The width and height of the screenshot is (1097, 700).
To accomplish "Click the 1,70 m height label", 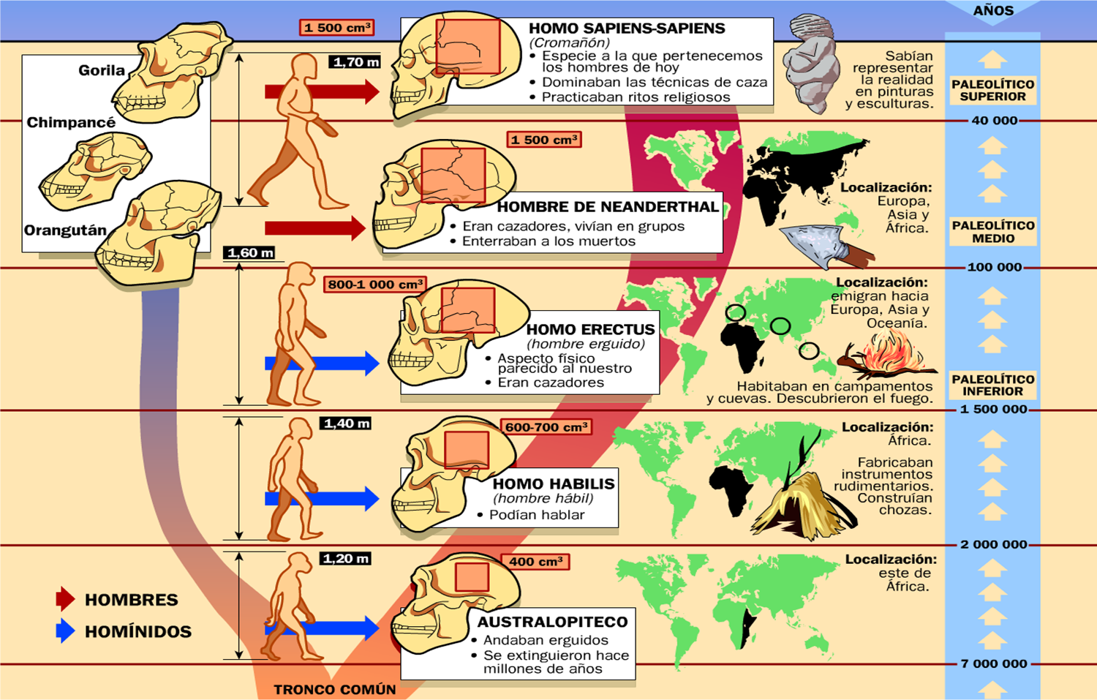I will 355,62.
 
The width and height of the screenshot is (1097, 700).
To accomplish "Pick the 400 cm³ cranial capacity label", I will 536,562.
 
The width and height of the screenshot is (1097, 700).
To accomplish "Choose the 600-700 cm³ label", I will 546,427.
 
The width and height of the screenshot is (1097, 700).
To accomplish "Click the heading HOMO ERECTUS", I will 590,329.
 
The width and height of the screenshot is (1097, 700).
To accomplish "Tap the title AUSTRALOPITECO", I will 552,622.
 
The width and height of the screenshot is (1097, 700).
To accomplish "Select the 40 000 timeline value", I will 994,121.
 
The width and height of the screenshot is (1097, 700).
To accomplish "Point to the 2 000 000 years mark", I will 993,544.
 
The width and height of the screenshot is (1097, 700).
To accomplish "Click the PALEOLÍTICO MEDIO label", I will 992,232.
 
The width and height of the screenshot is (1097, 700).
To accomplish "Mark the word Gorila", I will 102,70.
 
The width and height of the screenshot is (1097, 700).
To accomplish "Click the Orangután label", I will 65,230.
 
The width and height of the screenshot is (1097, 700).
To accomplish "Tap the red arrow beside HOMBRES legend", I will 65,599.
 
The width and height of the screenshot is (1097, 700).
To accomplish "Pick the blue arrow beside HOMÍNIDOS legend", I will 65,631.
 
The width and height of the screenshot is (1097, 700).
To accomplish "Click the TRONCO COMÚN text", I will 334,689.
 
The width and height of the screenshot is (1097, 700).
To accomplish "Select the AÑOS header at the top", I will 993,10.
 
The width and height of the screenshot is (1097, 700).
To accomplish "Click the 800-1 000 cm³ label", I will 374,284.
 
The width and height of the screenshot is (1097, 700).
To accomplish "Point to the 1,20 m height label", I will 346,559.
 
